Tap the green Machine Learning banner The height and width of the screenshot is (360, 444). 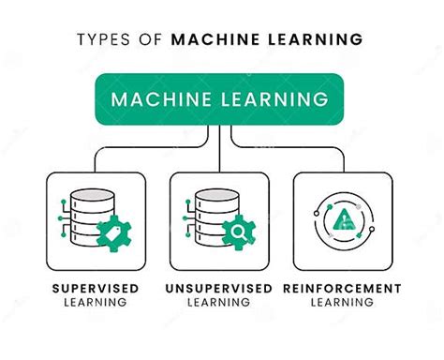pyautogui.click(x=221, y=97)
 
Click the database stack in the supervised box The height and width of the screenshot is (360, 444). pyautogui.click(x=93, y=217)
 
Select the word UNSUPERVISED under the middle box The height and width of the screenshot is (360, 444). pyautogui.click(x=222, y=289)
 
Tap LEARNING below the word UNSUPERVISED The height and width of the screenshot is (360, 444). pyautogui.click(x=222, y=303)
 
